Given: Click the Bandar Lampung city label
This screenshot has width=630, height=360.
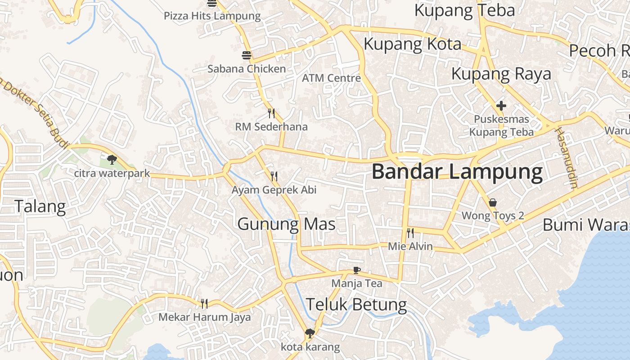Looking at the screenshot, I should (457, 172).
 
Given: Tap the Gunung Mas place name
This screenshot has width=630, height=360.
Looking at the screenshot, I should (286, 224).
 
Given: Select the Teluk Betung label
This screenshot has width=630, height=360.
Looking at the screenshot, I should (356, 305).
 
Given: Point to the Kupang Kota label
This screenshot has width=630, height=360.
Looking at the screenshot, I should (412, 44).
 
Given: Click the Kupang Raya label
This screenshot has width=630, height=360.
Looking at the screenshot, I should (501, 73).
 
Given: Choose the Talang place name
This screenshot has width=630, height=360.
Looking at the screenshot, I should (40, 207).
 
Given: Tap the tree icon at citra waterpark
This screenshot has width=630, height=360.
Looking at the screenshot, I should (112, 159).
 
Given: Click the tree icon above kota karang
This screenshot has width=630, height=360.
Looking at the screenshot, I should (309, 333).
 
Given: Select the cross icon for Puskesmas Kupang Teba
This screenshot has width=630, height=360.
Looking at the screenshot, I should (501, 106).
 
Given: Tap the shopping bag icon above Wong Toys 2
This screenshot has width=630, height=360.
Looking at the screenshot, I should (493, 202).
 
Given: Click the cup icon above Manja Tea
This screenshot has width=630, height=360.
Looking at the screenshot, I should (356, 270).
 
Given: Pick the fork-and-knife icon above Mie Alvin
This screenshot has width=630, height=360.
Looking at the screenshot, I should (410, 233).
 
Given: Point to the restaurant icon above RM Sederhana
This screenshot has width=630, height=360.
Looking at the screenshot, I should (271, 113).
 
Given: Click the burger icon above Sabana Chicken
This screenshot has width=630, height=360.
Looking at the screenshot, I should (247, 55).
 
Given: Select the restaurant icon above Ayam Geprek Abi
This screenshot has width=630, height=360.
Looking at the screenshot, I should (274, 176).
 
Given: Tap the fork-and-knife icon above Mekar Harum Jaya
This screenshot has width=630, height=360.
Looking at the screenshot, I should (204, 303).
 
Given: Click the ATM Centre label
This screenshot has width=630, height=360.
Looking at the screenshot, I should (331, 78).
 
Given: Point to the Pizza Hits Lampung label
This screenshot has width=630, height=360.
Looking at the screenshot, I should (212, 16).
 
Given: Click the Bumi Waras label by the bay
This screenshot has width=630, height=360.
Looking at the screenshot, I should (585, 224).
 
